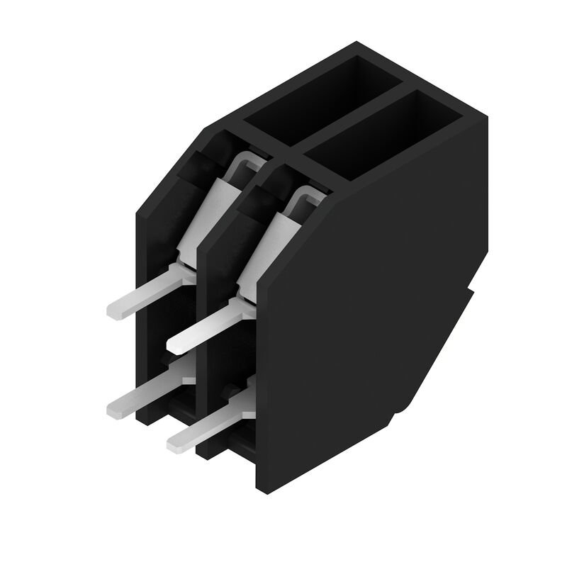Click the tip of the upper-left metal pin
[x=113, y=310]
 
